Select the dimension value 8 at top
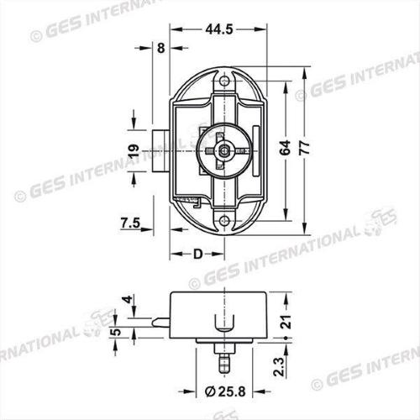[x=160, y=49]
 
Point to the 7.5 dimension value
[x=130, y=223]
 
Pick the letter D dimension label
[x=197, y=254]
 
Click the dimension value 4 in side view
[x=129, y=300]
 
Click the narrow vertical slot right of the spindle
[x=253, y=137]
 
